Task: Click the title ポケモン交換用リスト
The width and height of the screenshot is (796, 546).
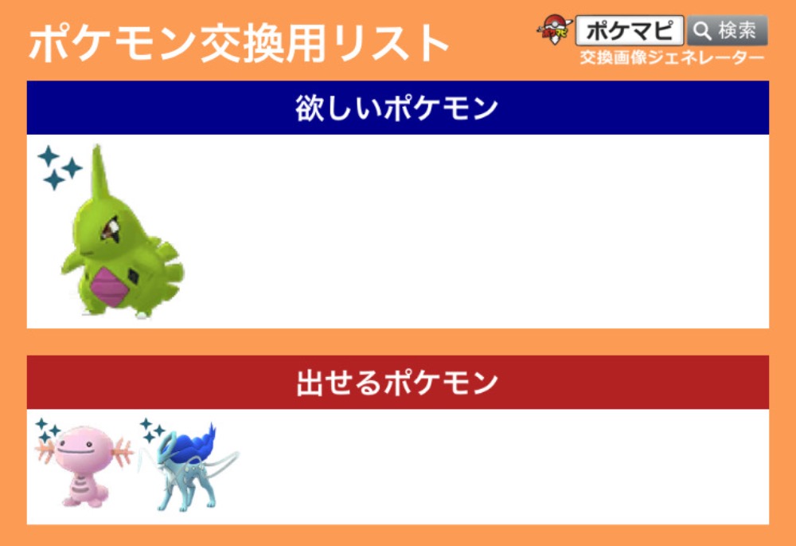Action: [x=239, y=43]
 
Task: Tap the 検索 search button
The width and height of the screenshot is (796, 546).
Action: [x=727, y=31]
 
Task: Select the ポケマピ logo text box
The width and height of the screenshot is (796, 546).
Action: [x=630, y=30]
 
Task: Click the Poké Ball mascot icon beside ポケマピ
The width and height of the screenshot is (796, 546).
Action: [x=555, y=29]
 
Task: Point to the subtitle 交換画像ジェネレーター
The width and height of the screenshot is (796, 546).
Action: [x=672, y=58]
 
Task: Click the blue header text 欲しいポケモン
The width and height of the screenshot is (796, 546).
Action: [x=397, y=108]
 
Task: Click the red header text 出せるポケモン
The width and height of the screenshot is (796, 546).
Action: [x=397, y=383]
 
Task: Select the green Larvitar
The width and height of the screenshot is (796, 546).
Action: [x=122, y=232]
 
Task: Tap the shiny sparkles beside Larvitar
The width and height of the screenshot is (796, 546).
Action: [x=59, y=167]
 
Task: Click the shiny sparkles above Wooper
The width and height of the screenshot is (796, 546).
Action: [x=48, y=430]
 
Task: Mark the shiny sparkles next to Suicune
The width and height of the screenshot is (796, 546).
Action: [x=152, y=430]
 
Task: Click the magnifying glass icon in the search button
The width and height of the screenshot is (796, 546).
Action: [x=701, y=31]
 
